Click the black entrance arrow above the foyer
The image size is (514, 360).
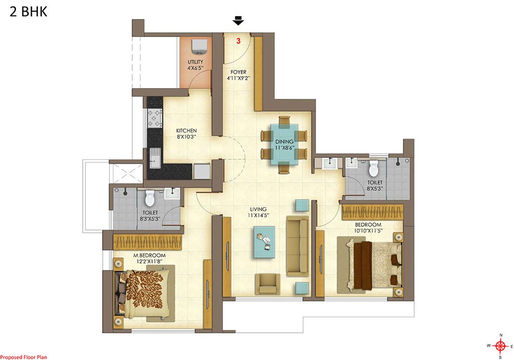tap(238, 21)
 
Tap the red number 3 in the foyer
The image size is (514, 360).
tap(238, 41)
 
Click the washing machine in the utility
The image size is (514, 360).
tap(199, 46)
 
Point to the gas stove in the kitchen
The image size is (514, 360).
tap(155, 118)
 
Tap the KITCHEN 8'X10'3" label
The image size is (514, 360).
tap(187, 133)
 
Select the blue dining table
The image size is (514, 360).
tap(284, 144)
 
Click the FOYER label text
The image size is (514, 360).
tap(238, 72)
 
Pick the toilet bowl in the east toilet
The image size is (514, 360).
tap(373, 169)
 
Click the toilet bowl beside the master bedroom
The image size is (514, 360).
tap(150, 197)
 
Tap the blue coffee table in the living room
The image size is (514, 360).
tap(264, 242)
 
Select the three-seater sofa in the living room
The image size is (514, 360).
tap(298, 246)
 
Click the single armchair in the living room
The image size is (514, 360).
tap(268, 283)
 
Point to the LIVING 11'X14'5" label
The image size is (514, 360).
tap(259, 212)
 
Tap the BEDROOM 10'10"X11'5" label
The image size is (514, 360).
tap(368, 227)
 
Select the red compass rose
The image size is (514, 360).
tap(500, 346)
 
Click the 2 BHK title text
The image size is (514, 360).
tap(28, 12)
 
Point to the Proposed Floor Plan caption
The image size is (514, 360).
tap(24, 357)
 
